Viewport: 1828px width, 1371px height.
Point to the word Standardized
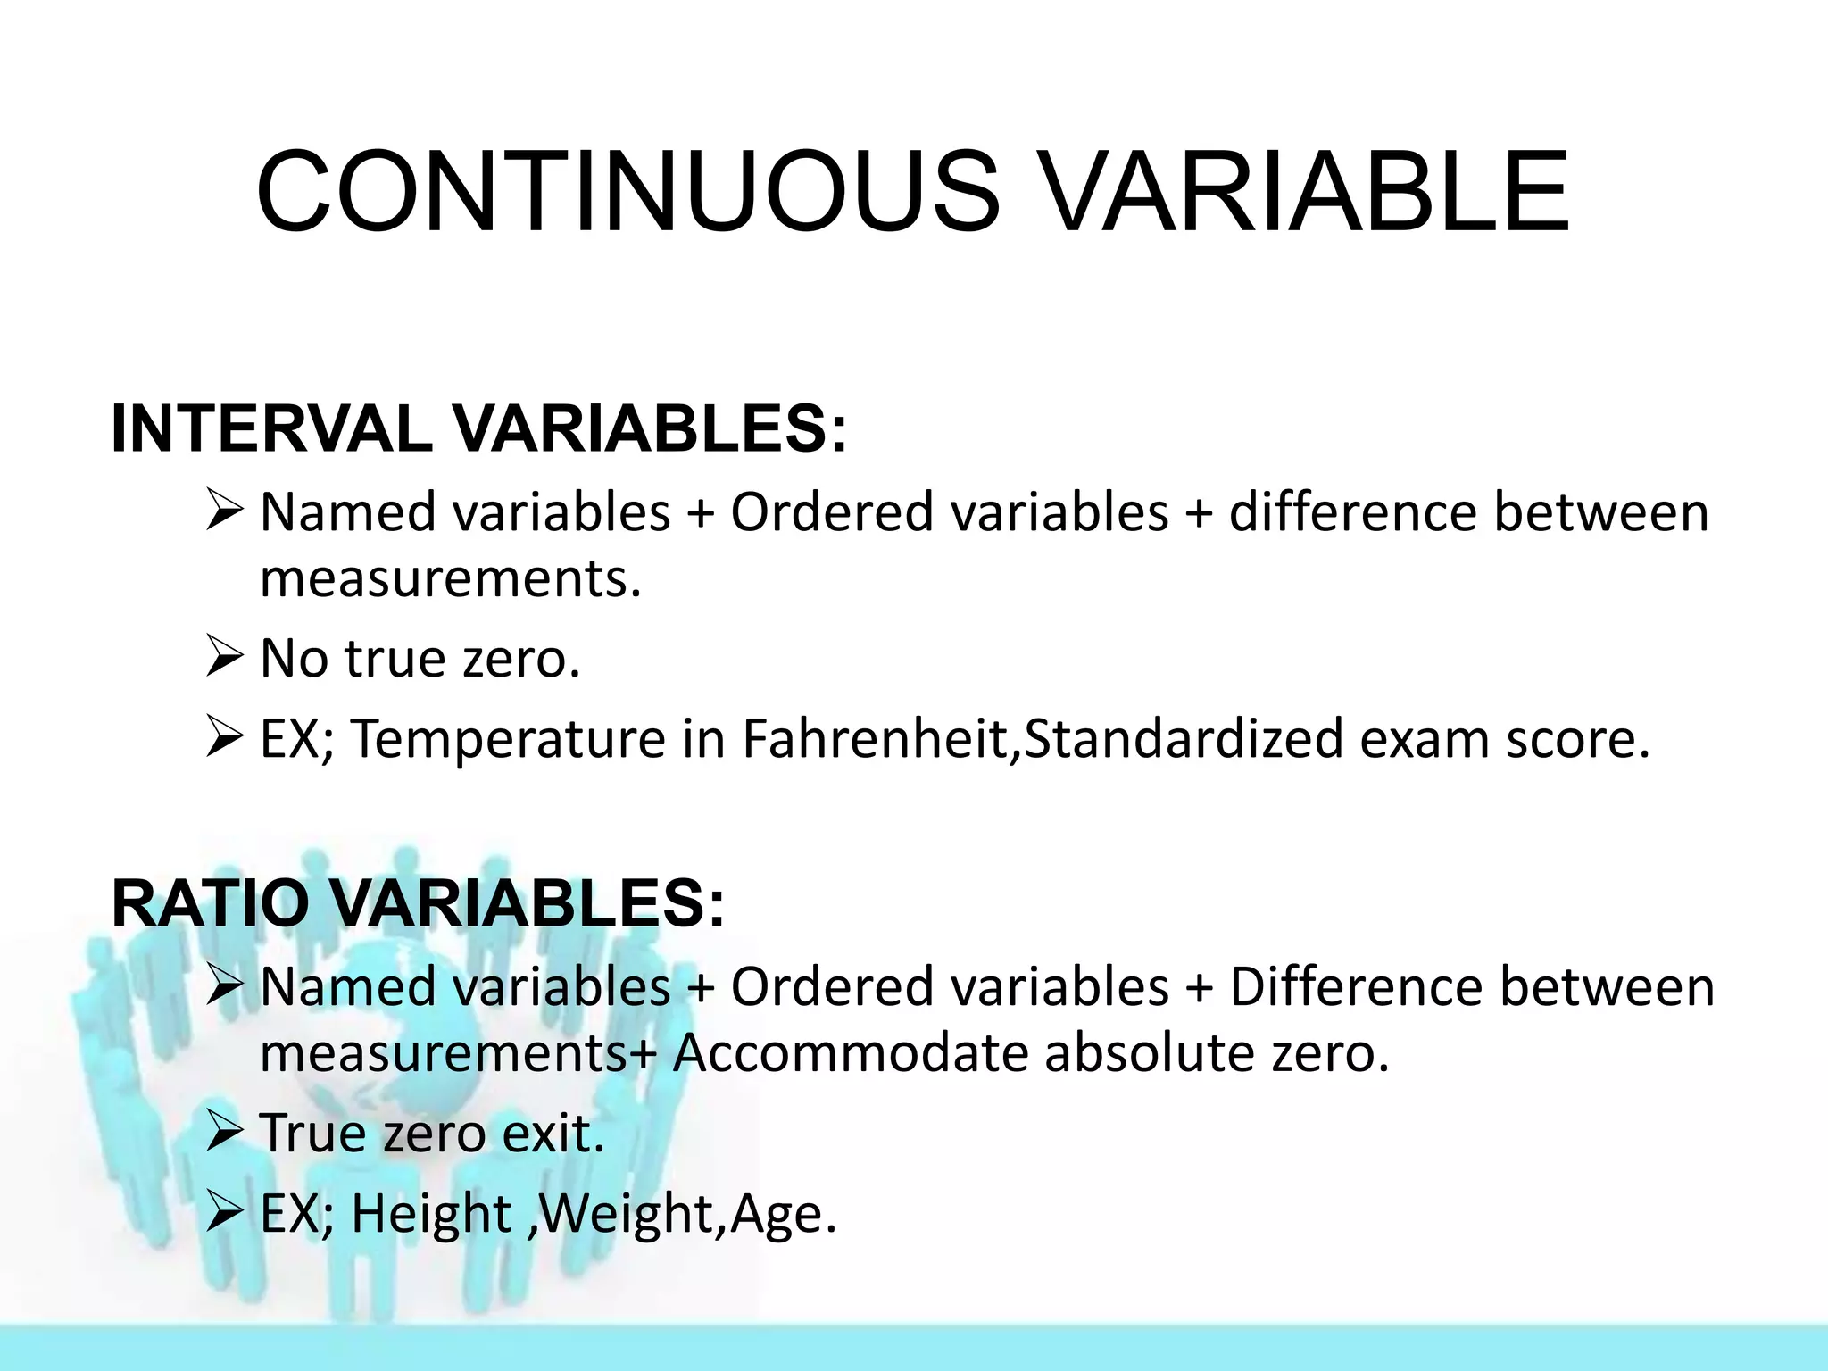point(1183,739)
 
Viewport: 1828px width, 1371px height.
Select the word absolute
point(1148,1053)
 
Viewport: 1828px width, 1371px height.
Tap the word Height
point(431,1214)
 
